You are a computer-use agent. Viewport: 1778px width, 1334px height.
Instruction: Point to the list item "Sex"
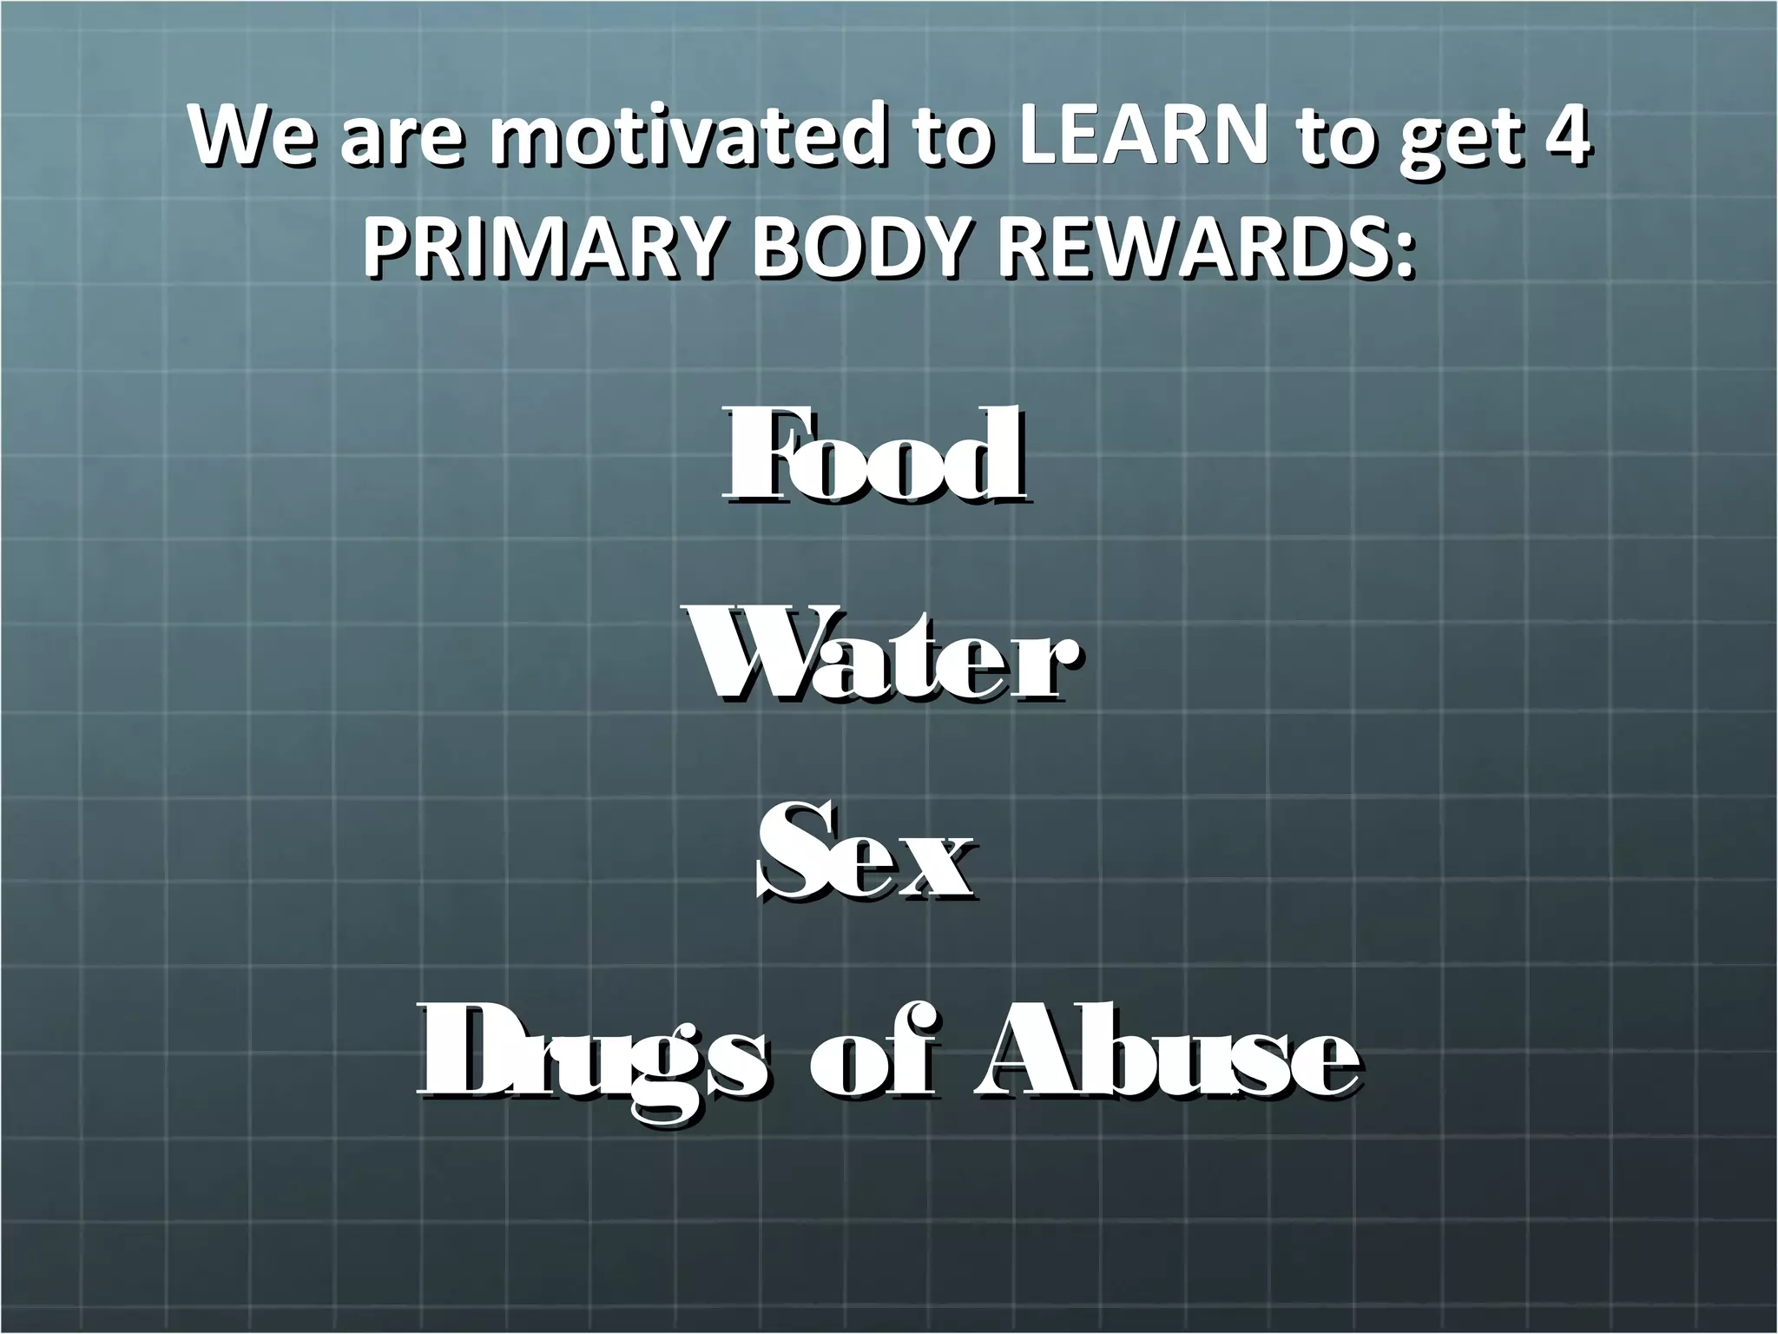click(866, 855)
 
